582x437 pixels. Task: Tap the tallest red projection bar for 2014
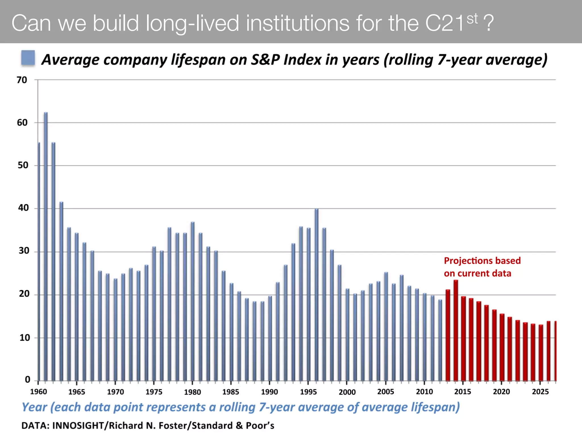[456, 330]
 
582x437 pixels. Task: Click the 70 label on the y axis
[22, 80]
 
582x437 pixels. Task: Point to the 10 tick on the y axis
[24, 338]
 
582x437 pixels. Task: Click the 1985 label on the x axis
[231, 392]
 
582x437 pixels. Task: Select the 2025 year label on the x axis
[540, 392]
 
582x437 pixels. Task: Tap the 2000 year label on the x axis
[347, 392]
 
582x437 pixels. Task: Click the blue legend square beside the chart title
[28, 58]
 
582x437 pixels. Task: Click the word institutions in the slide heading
[298, 23]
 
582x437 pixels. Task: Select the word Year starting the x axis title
[34, 407]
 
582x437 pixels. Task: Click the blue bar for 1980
[193, 302]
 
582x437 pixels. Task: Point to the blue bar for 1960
[39, 262]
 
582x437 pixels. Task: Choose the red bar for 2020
[502, 347]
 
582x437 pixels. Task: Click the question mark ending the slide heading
[488, 23]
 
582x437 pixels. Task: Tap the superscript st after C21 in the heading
[472, 19]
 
